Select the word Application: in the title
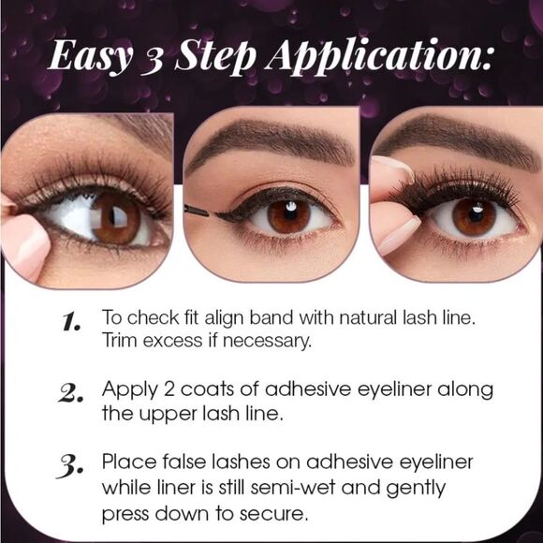coord(380,58)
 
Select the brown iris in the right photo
coord(474,214)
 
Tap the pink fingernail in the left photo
coord(22,242)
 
